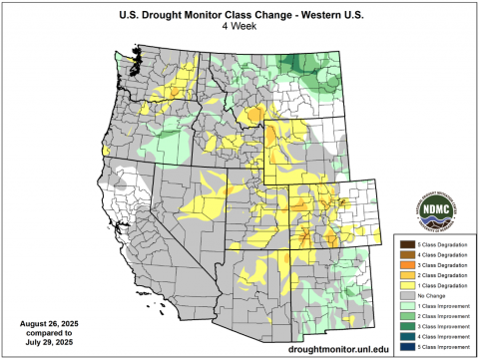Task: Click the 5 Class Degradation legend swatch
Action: tap(406, 244)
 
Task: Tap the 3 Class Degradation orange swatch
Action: tap(406, 265)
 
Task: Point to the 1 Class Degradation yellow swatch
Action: tap(406, 286)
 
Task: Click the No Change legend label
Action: tap(430, 297)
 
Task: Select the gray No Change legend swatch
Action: tap(406, 297)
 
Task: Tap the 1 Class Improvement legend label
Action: tap(442, 307)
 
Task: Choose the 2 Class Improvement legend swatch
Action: tap(406, 317)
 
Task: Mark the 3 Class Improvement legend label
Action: tap(442, 328)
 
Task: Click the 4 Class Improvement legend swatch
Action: tap(406, 338)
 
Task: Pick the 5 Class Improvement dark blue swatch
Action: tap(406, 348)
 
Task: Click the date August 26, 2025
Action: tap(47, 324)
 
